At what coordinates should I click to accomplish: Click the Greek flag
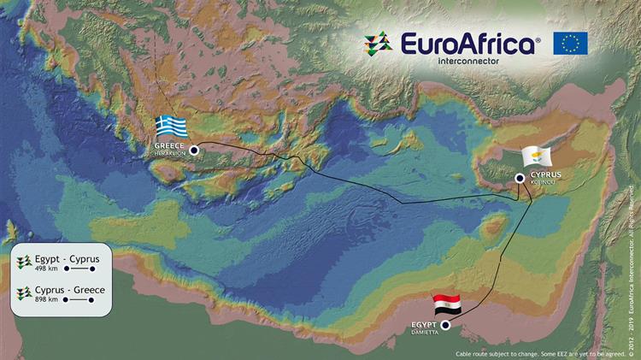[x=171, y=127]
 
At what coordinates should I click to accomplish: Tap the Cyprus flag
[x=538, y=157]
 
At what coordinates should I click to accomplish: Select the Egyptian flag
[x=446, y=304]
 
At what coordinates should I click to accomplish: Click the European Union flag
[x=570, y=43]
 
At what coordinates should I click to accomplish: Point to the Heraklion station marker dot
[x=194, y=150]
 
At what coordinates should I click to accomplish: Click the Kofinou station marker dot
[x=520, y=178]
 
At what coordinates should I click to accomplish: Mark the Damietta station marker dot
[x=446, y=326]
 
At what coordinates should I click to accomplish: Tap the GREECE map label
[x=169, y=145]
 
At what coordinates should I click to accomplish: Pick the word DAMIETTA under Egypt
[x=423, y=331]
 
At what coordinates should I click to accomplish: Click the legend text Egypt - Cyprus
[x=68, y=258]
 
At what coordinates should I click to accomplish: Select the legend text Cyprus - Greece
[x=70, y=290]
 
